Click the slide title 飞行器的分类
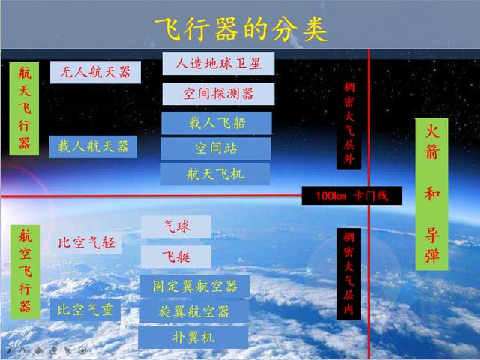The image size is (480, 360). coord(241,29)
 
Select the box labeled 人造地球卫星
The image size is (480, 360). coord(218,64)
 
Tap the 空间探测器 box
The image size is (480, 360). coord(218,94)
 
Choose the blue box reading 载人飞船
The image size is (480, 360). coord(217,123)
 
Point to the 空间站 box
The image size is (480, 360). coord(216,148)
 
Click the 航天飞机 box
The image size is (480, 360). coord(215,174)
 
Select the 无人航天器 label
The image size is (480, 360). coord(95,72)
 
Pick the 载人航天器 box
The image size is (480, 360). coord(93,147)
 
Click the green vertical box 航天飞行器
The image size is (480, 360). coord(24,109)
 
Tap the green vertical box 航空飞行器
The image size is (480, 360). coord(25,271)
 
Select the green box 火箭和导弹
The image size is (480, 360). coord(431,194)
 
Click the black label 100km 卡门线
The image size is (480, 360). coord(352,196)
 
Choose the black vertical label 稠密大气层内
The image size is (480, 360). coord(349,274)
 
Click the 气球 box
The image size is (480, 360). coord(176,226)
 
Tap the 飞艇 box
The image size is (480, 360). coord(176,256)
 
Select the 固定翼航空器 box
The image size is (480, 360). coord(195,286)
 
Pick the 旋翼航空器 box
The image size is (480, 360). coord(193,312)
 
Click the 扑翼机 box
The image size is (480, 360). coord(193,337)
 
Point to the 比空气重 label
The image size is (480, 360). coord(85,310)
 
